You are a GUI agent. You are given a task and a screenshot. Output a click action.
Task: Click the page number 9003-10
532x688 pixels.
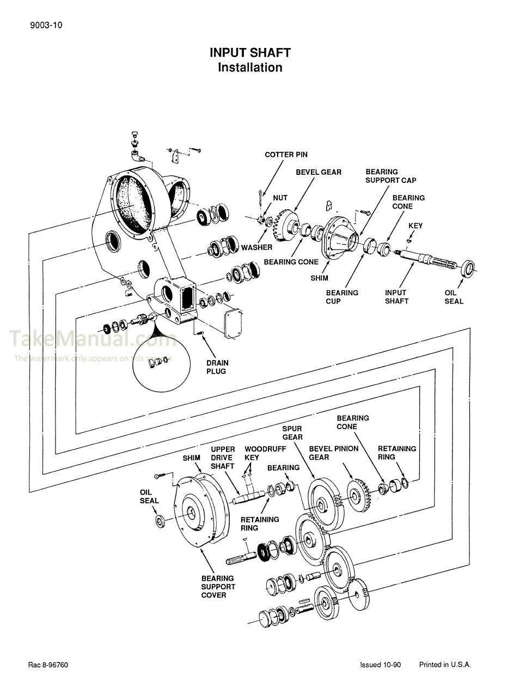42,25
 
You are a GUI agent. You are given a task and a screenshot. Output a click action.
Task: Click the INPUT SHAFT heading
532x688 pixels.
250,53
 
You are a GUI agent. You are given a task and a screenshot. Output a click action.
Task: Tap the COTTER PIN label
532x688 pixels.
286,155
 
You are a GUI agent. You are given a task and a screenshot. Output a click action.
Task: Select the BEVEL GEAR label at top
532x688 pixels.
319,172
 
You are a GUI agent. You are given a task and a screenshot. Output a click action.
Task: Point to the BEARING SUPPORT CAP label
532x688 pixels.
390,176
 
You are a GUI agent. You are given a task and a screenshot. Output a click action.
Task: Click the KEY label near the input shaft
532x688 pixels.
415,226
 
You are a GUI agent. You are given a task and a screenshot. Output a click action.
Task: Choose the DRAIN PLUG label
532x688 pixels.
217,367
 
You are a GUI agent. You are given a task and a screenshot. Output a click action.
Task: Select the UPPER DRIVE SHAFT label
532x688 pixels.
223,458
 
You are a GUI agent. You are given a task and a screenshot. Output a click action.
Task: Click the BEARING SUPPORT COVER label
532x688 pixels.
218,587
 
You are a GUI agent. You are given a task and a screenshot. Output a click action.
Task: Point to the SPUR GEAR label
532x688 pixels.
292,433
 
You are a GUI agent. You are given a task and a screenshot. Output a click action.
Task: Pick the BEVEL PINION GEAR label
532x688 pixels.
333,453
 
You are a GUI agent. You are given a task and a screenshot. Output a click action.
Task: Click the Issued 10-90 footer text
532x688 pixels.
380,665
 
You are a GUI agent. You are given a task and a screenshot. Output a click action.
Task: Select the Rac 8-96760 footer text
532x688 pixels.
48,665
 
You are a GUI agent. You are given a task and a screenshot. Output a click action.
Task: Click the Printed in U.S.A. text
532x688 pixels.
444,665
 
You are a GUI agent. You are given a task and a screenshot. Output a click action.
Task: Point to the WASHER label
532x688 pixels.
256,247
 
